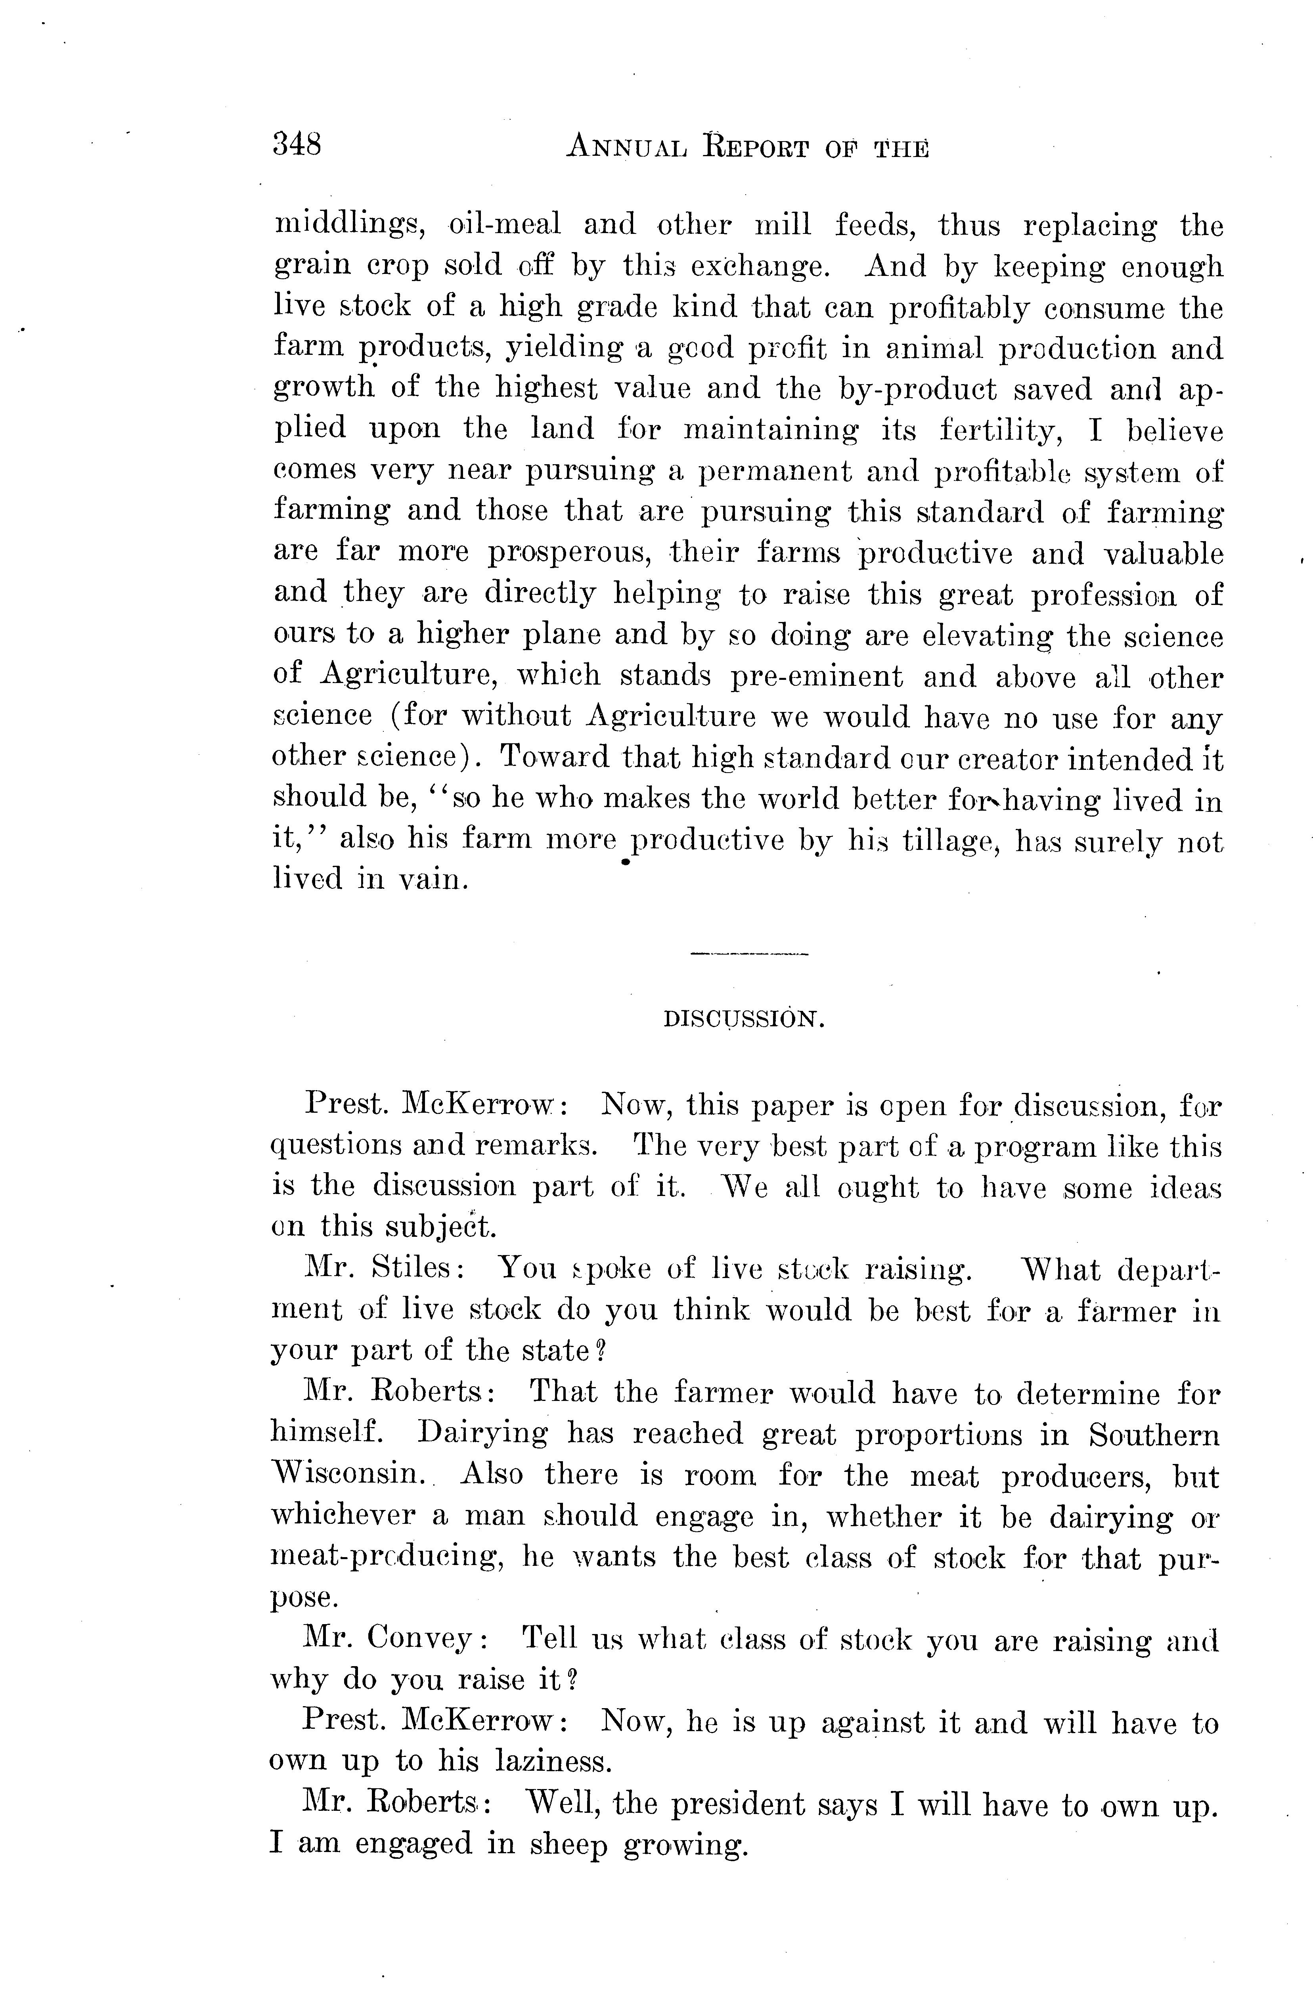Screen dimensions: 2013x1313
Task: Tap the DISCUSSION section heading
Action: [744, 1020]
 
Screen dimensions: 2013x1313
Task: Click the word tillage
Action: [953, 841]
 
